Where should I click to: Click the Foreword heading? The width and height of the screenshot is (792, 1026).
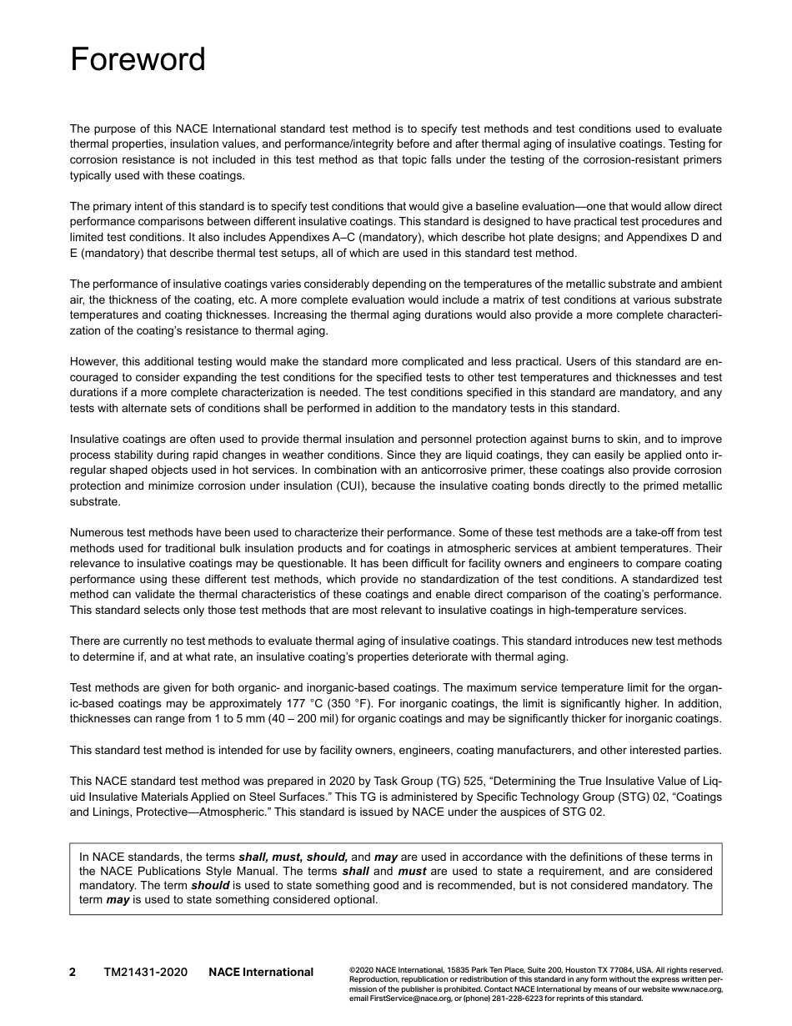pyautogui.click(x=138, y=60)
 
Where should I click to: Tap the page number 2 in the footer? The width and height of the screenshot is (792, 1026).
pyautogui.click(x=73, y=972)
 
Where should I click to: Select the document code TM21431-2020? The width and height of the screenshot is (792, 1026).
pyautogui.click(x=146, y=972)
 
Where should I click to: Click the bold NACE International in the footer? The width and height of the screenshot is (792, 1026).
pyautogui.click(x=261, y=972)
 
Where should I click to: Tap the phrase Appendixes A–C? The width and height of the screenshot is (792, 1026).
pyautogui.click(x=337, y=237)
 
